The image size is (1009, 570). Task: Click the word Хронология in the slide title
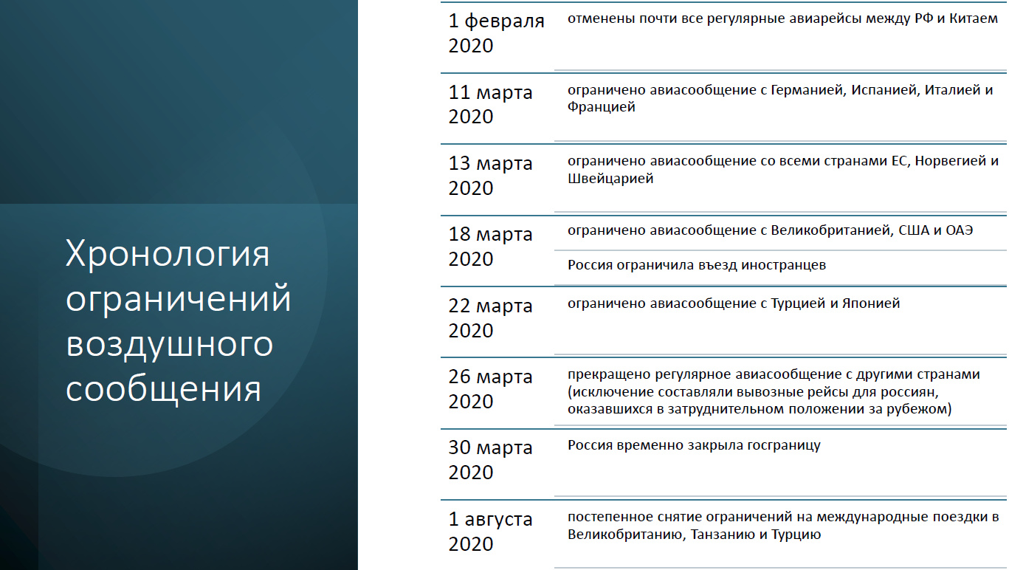pos(168,253)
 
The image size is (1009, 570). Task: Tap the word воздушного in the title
pos(169,344)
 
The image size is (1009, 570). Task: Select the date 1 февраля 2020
pos(497,33)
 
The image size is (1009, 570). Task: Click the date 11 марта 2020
pos(490,104)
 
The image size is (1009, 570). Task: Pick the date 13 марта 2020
pos(490,175)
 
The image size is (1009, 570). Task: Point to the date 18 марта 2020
pos(490,246)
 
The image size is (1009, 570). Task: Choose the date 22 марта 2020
pos(490,317)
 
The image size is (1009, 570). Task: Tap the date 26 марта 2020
pos(490,388)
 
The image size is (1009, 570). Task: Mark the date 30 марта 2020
pos(490,459)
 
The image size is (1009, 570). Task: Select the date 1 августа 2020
pos(490,532)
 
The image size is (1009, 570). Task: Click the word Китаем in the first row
pos(974,18)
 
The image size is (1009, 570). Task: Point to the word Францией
pos(602,107)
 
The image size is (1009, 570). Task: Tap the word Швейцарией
pos(610,179)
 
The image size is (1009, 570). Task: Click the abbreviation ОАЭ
pos(959,230)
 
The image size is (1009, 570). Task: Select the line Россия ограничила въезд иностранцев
pos(696,265)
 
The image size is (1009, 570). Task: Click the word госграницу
pos(784,446)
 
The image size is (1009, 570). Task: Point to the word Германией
pos(807,90)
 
